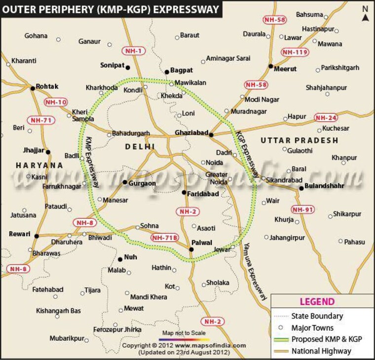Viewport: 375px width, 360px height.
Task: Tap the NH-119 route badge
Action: [295, 52]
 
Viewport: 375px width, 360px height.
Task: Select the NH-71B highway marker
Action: [164, 238]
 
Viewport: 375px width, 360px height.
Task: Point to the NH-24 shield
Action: [326, 118]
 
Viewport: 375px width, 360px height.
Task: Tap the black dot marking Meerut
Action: [270, 66]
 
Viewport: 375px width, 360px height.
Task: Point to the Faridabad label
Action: [203, 194]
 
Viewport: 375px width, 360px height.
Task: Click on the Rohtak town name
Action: [47, 86]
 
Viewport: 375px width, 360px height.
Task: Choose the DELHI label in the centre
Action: [140, 146]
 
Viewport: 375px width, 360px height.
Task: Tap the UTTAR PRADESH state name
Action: [299, 141]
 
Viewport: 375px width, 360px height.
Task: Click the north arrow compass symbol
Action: [365, 15]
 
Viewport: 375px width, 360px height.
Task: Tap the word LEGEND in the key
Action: [317, 302]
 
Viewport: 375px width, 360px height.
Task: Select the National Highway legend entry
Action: [321, 351]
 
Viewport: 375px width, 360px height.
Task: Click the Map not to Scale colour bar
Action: [184, 339]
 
